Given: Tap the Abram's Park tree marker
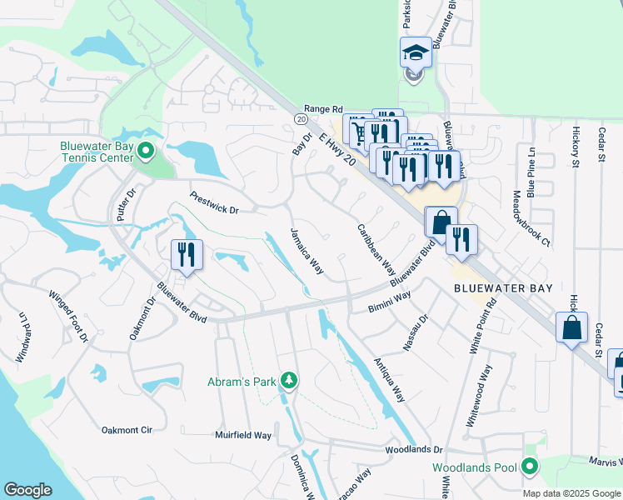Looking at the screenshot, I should [288, 381].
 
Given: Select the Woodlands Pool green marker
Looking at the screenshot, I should [528, 467].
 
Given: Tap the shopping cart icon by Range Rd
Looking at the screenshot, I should [358, 131].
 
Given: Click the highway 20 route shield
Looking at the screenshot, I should [300, 119].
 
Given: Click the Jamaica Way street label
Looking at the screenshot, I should [306, 250].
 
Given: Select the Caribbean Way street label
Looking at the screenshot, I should [376, 248].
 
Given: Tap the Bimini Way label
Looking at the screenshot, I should [390, 302].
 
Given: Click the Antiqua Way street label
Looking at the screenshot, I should [388, 380].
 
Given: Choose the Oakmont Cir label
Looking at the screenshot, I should [127, 430].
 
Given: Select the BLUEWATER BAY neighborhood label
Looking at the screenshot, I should [502, 287].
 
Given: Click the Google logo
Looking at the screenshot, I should [27, 490].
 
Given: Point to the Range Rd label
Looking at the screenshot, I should [323, 108].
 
